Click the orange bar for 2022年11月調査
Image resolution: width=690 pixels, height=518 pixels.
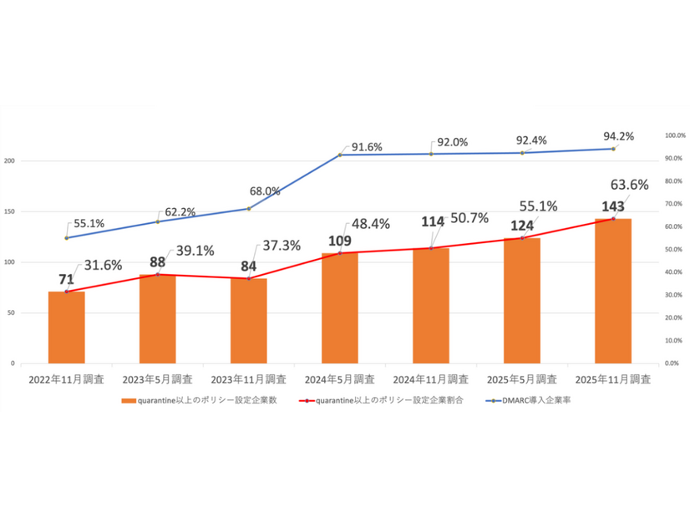(66, 328)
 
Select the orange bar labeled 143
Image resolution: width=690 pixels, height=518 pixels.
(613, 292)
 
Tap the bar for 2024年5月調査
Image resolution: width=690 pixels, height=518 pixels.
(340, 308)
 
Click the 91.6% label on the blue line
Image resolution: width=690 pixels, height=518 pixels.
(367, 147)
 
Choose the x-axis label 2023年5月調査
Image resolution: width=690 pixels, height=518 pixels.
(157, 379)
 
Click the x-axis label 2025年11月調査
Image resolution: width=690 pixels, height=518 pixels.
(614, 379)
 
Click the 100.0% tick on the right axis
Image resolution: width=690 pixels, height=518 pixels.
(673, 135)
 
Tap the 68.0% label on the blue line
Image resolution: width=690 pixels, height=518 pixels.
(265, 191)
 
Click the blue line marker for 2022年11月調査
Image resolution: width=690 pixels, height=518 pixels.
(66, 238)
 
